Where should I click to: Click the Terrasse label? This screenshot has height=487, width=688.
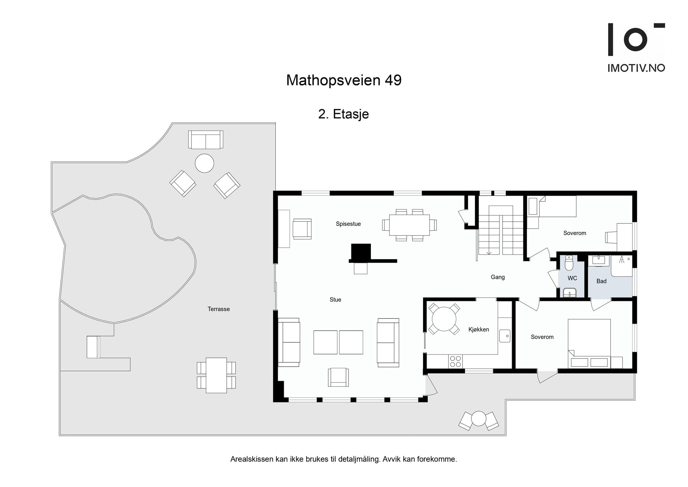[218, 309]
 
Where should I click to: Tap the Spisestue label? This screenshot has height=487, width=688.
[348, 224]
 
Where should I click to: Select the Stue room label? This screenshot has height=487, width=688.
[335, 300]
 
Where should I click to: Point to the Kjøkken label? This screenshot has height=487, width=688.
[478, 330]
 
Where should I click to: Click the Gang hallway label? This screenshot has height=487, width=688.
[498, 277]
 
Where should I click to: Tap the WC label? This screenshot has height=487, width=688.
[572, 278]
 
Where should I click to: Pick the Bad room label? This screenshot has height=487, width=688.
[601, 281]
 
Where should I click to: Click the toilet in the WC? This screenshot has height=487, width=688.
[569, 263]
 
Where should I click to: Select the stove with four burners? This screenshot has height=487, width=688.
[455, 362]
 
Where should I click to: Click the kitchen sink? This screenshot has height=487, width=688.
[504, 336]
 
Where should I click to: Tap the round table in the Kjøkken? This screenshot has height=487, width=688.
[444, 319]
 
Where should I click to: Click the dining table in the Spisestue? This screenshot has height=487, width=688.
[409, 225]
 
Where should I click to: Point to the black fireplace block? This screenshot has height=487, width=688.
[361, 252]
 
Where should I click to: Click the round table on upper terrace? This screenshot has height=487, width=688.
[204, 163]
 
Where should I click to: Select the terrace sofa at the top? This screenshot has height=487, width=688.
[205, 140]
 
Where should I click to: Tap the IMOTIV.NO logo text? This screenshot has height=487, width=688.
[636, 68]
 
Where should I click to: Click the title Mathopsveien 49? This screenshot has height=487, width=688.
[344, 80]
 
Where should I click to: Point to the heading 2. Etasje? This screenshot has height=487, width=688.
[343, 114]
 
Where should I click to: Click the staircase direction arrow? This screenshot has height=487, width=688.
[489, 252]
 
